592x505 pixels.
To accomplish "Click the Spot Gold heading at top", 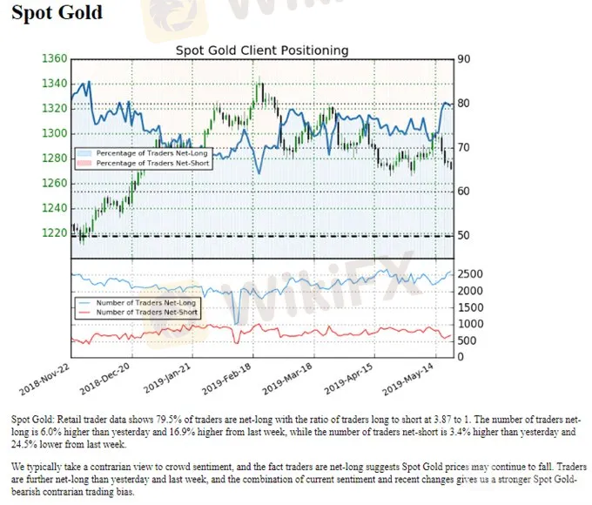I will [x=57, y=13].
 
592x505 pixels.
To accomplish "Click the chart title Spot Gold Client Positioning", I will [x=261, y=50].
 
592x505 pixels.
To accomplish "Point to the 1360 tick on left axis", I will [x=53, y=59].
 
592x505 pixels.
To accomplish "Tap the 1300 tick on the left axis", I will [x=53, y=133].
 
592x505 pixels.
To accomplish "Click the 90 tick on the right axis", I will [x=465, y=59].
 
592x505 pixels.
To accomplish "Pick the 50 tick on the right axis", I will [x=465, y=235].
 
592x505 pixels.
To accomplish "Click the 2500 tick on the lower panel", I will [x=472, y=275].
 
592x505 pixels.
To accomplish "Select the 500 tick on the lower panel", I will [x=468, y=340].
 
